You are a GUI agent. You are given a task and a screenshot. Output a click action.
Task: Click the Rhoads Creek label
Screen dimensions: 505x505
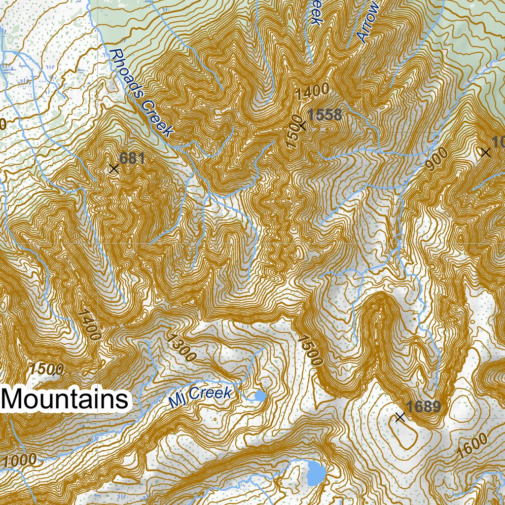point(142,93)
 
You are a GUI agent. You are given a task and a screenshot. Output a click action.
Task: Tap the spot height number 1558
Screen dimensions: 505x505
point(324,115)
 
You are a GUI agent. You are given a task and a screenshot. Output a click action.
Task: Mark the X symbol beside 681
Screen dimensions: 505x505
point(114,169)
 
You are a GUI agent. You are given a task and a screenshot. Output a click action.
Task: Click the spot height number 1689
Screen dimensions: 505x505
point(424,407)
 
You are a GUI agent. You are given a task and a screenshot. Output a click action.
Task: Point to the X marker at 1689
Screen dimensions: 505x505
point(400,418)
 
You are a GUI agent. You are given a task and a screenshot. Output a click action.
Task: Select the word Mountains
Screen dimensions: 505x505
point(66,399)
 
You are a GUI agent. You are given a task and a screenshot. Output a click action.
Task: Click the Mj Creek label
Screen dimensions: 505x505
point(200,396)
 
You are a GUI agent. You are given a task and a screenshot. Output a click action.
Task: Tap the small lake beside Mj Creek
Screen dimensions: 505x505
point(259,396)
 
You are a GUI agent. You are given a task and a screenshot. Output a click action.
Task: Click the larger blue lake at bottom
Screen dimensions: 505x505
point(316,473)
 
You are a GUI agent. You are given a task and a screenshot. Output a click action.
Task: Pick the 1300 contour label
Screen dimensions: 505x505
point(182,348)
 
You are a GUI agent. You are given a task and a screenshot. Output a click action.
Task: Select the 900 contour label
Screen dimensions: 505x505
point(436,159)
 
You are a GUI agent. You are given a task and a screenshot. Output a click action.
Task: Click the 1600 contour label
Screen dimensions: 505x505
point(472,445)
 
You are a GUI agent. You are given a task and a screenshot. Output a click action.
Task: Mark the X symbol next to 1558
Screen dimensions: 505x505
point(302,126)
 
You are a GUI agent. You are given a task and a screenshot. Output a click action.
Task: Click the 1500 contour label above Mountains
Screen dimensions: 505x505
point(46,369)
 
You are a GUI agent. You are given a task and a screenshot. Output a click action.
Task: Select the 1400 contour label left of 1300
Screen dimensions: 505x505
point(89,325)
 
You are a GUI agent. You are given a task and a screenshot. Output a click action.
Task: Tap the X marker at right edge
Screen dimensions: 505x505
point(486,152)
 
